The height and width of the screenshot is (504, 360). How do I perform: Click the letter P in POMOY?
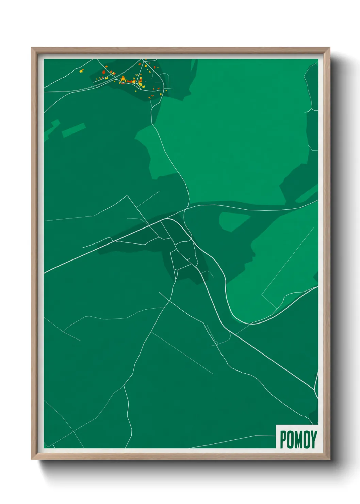click(283, 440)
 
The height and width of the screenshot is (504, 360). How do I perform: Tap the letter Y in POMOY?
click(313, 440)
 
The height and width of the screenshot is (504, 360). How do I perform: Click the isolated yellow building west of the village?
click(81, 71)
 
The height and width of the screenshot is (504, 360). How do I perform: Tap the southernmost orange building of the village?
click(150, 97)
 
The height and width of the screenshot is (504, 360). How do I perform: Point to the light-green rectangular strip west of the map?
click(73, 130)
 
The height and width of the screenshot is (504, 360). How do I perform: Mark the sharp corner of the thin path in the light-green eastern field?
click(262, 294)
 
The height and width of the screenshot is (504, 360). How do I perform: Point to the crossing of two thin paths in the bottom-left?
click(73, 431)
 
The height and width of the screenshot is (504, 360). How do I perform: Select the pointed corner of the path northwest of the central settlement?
click(127, 196)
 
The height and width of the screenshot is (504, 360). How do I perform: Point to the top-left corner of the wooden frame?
click(32, 48)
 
